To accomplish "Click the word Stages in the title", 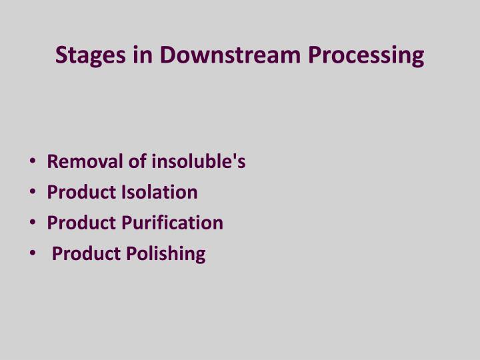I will tap(92, 55).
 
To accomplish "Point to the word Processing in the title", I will tap(366, 55).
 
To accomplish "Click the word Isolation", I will tap(159, 193).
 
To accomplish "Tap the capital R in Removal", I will tap(53, 162).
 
